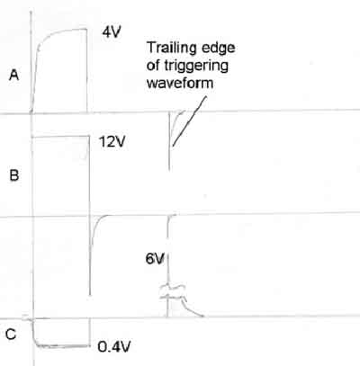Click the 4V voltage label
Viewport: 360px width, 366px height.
click(x=112, y=31)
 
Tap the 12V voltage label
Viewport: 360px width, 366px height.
click(x=112, y=141)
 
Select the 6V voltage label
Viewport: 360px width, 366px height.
click(x=155, y=258)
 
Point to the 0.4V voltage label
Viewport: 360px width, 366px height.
click(x=114, y=347)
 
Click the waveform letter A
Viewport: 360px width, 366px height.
click(x=13, y=75)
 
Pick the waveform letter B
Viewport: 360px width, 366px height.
click(x=14, y=175)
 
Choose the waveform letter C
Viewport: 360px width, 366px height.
click(x=11, y=335)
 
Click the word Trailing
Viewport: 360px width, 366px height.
click(x=171, y=48)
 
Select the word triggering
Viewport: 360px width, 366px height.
click(x=196, y=67)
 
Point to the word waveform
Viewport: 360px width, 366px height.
click(x=180, y=83)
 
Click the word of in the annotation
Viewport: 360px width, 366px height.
click(x=153, y=65)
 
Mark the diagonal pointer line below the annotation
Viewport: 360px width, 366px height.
click(x=190, y=121)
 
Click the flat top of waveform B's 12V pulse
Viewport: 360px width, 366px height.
click(x=61, y=137)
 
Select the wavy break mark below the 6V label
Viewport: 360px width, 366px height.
click(x=172, y=292)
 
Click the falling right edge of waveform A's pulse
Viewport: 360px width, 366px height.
click(x=87, y=70)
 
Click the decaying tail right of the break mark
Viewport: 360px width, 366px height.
click(x=193, y=308)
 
